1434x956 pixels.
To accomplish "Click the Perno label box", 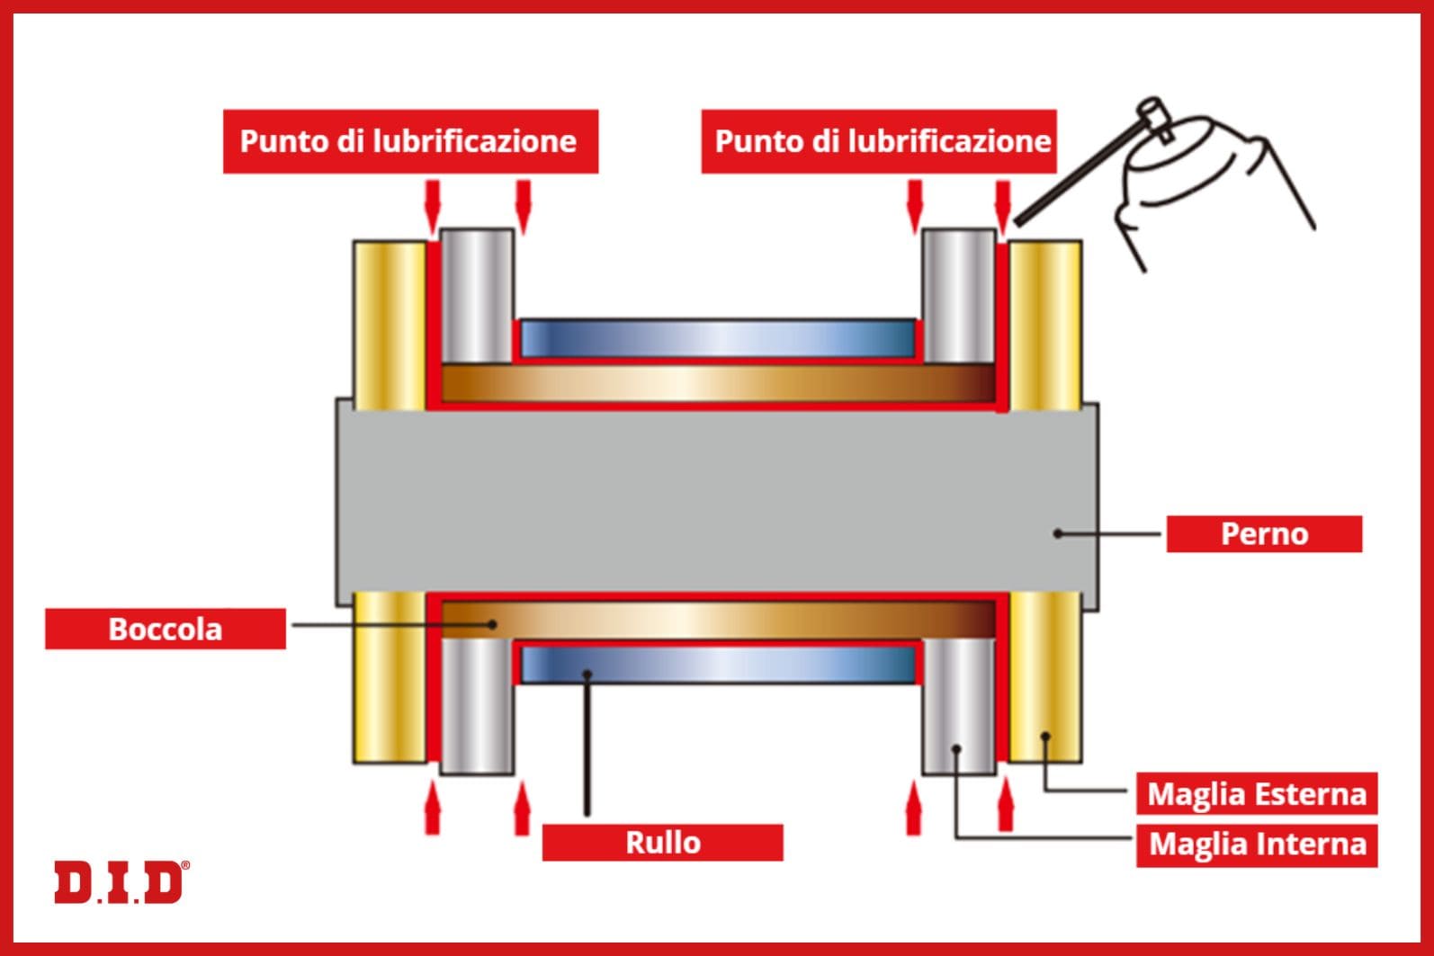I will point(1264,534).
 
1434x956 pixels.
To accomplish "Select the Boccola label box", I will point(166,629).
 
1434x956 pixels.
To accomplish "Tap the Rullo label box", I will point(662,843).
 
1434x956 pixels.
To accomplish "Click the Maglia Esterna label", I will point(1257,794).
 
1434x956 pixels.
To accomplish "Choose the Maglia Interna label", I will point(1257,844).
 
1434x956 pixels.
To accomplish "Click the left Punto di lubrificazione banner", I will point(409,141).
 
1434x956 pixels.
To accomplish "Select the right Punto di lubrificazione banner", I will point(880,141).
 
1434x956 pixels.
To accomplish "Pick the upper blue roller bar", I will point(717,339).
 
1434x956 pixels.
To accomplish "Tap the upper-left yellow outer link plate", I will point(389,324).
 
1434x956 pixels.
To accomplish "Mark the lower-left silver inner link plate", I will point(476,706).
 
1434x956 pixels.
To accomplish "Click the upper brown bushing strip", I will point(717,384).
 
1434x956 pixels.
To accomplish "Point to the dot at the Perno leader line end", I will point(1059,533).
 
